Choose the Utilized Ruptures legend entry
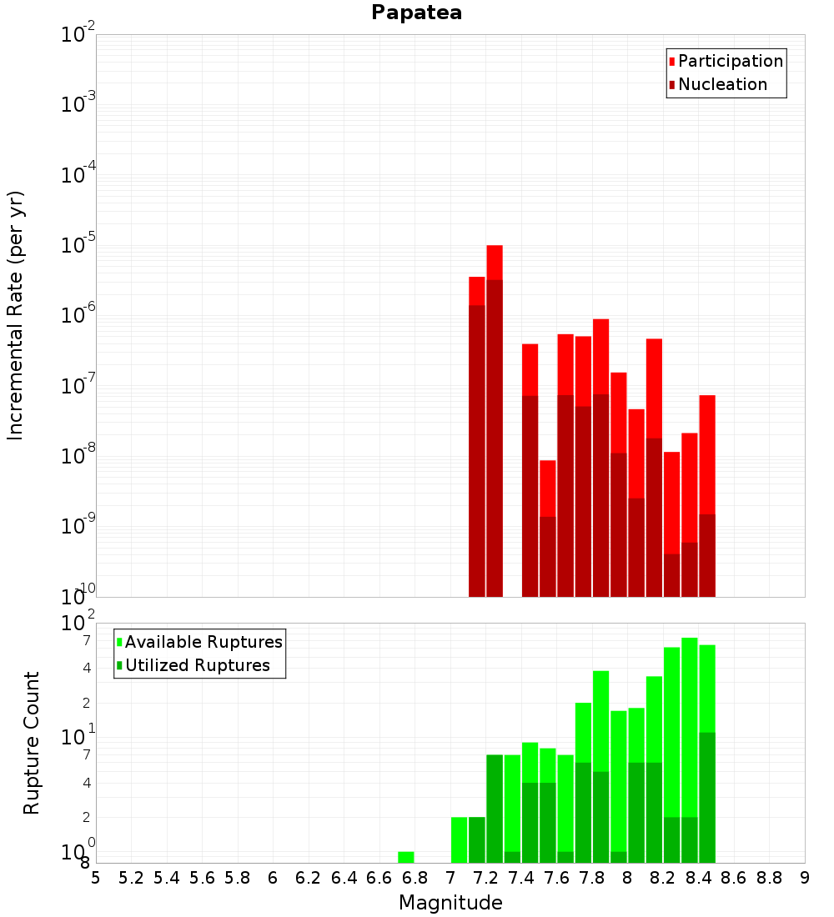click(x=197, y=665)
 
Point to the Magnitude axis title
click(x=450, y=903)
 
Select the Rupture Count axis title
click(x=32, y=742)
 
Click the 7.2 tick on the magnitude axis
click(x=485, y=878)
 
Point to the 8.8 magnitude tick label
click(x=769, y=878)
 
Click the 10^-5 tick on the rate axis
click(x=78, y=245)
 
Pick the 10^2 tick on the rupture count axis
click(x=78, y=624)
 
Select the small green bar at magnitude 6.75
click(x=406, y=857)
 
